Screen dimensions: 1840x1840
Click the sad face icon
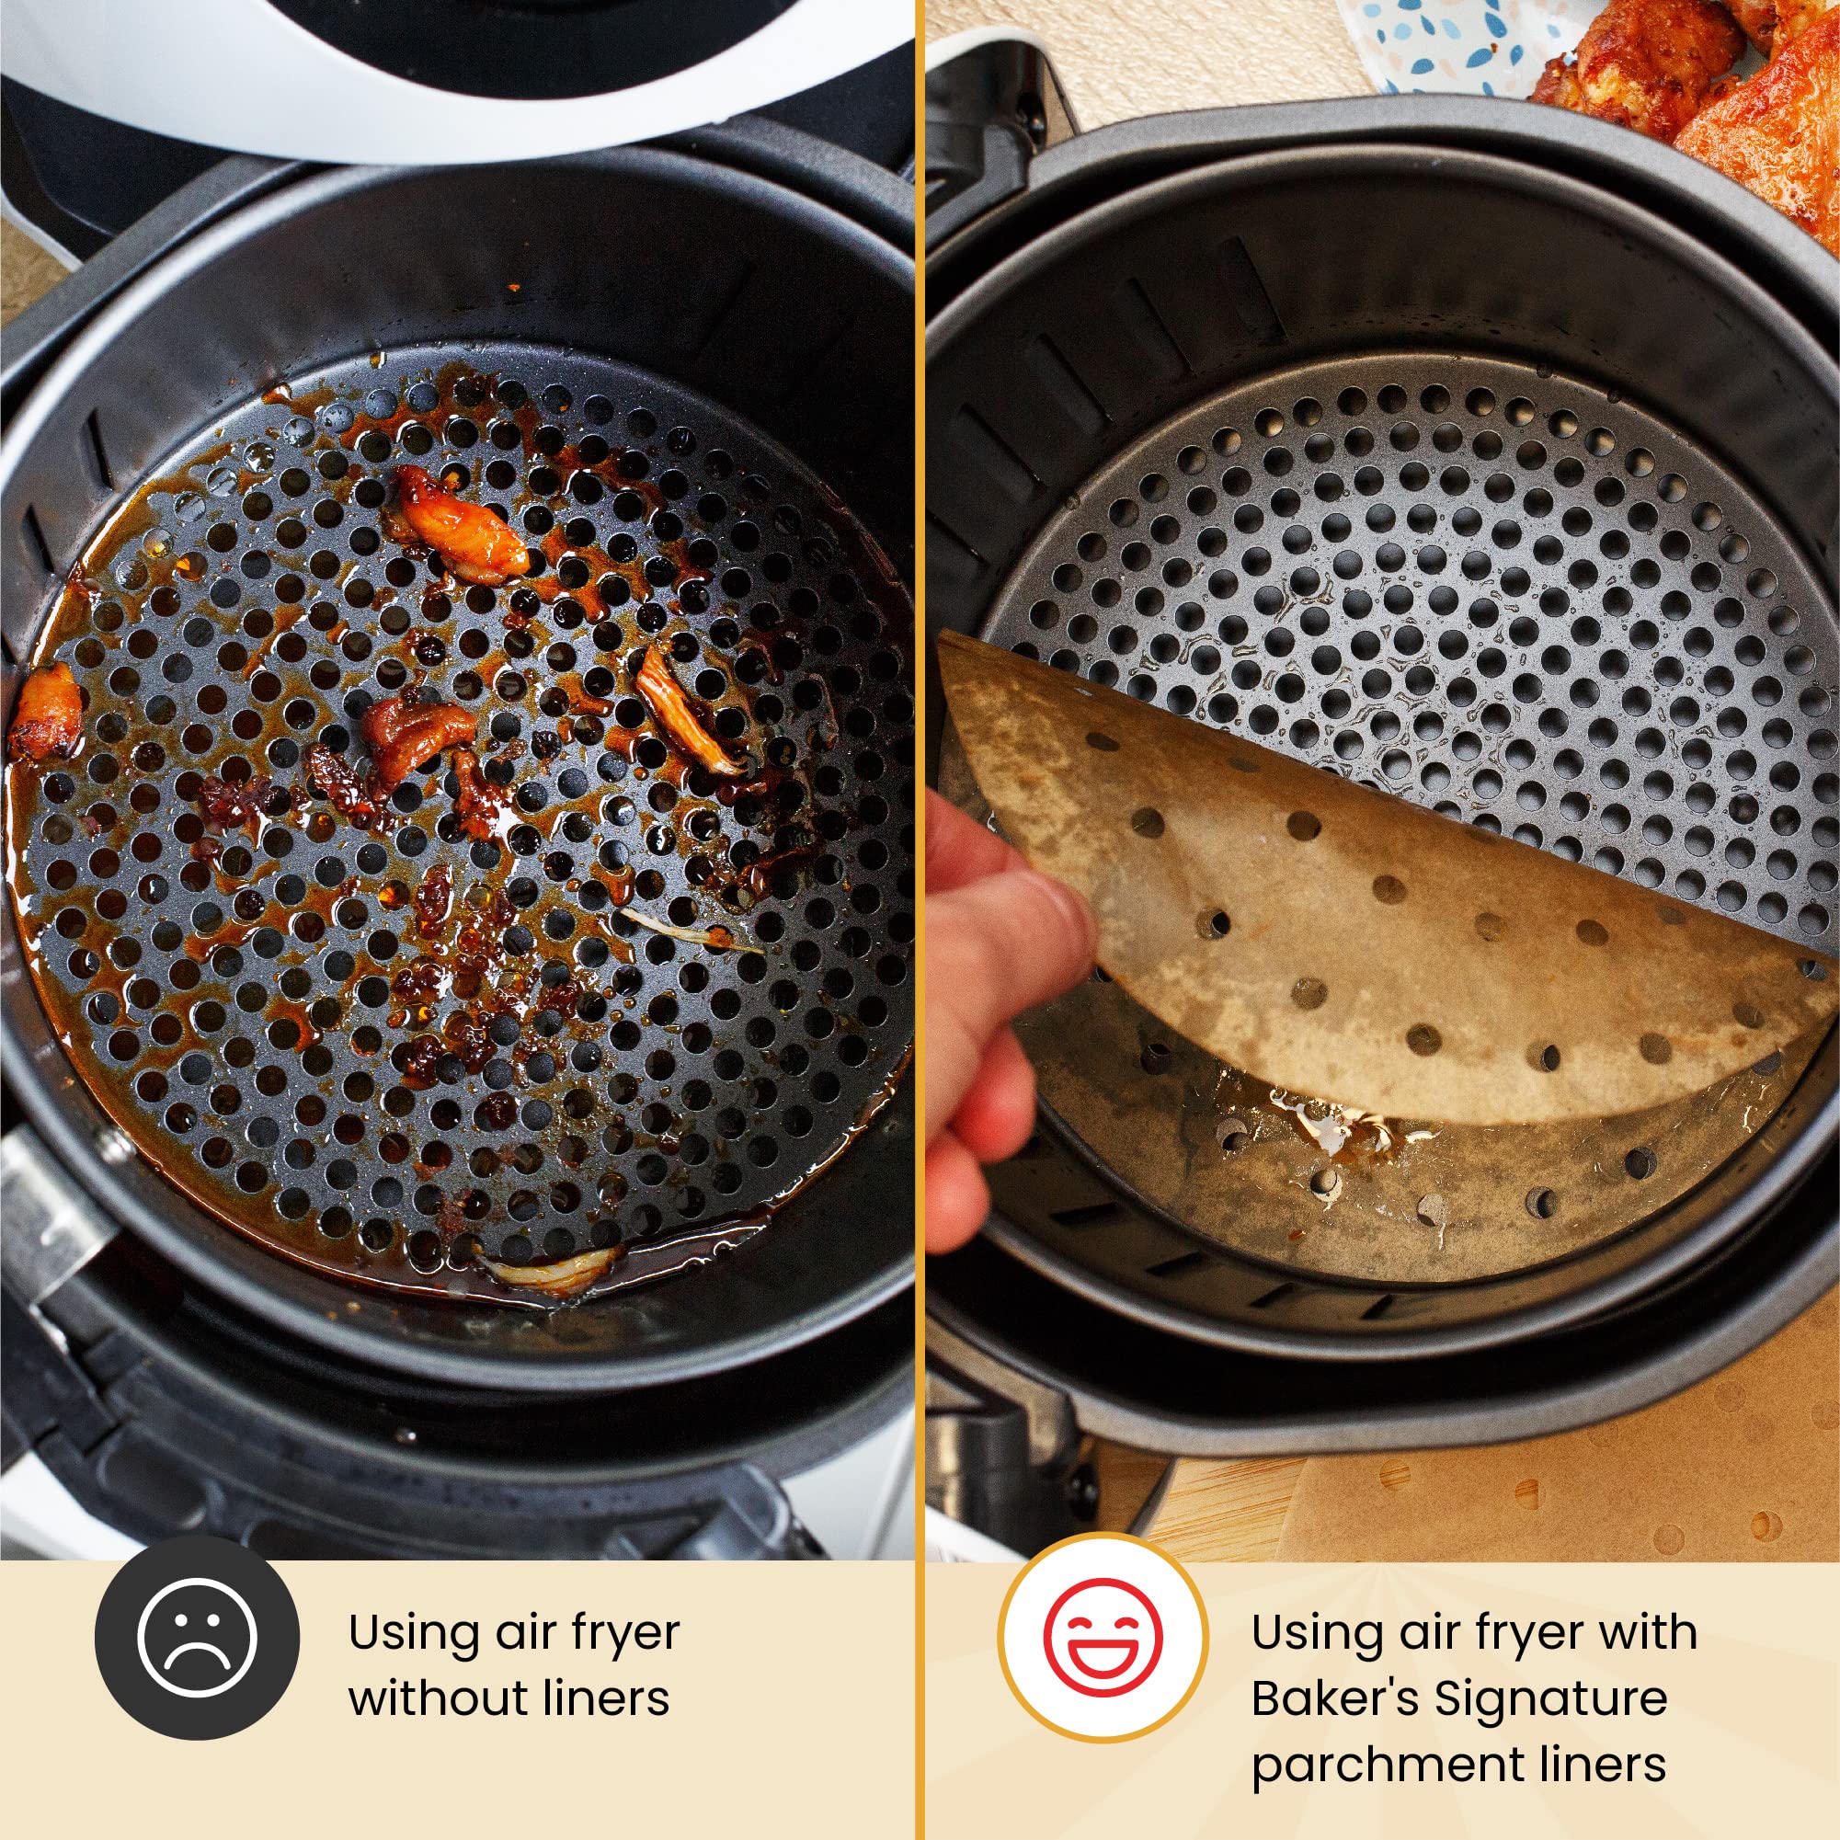pos(197,1636)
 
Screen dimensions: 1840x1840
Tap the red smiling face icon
pos(1103,1634)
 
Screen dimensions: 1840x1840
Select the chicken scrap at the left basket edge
pos(45,711)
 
